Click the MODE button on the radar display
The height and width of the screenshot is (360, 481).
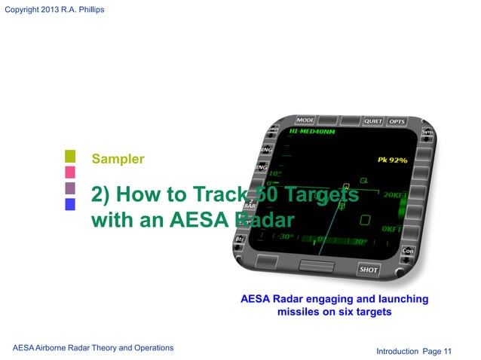coord(305,121)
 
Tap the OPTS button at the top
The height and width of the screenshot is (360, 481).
coord(397,122)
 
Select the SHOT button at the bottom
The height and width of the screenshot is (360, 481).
coord(369,269)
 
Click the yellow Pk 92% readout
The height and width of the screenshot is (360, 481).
coord(392,160)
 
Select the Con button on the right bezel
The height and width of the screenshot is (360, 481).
coord(408,250)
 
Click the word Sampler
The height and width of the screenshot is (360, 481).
coord(118,159)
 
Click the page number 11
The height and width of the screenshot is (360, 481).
coord(448,351)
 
